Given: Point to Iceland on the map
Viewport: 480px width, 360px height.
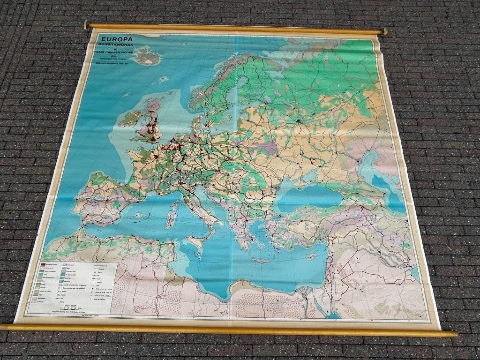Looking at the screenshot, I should (147, 56).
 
